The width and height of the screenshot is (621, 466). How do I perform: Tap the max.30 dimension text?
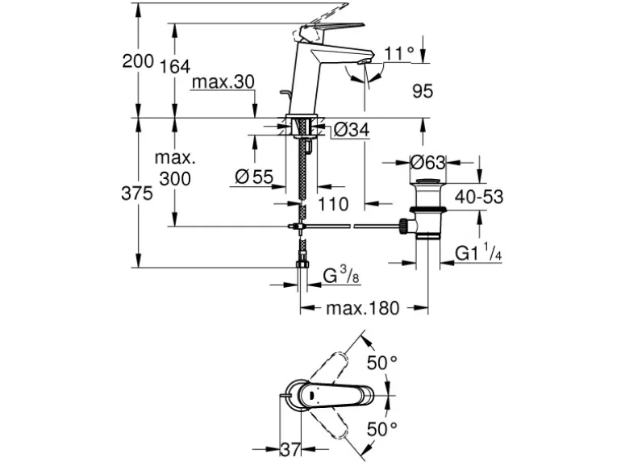pos(223,82)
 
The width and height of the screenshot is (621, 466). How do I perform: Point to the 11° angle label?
pos(398,55)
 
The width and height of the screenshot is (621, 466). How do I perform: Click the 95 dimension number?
pos(423,91)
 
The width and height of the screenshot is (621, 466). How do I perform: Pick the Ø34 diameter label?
pos(350,130)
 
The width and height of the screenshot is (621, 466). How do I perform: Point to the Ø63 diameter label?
pos(427,161)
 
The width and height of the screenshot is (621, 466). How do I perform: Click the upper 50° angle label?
pos(381,364)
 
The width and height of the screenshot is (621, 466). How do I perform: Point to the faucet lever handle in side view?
pos(323,27)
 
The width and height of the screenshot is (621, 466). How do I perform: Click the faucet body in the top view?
pos(331,395)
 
